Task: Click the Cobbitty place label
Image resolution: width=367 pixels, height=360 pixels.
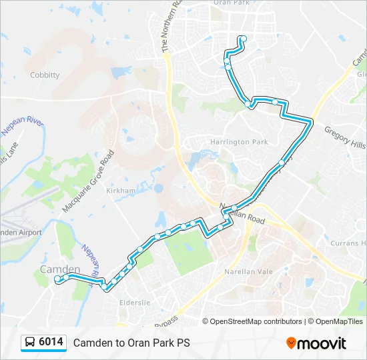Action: coord(45,75)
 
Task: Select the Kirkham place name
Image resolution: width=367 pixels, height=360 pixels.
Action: coord(120,191)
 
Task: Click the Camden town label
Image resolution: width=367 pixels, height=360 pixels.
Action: coord(60,269)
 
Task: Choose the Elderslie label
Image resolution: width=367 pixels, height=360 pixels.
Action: coord(135,303)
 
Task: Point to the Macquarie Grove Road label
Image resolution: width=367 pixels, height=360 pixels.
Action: coord(88,181)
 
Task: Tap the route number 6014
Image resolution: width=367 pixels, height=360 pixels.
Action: coord(51,342)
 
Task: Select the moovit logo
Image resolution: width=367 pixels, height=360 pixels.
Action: coord(316,343)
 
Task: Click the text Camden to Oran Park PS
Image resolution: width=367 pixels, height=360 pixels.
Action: coord(131,343)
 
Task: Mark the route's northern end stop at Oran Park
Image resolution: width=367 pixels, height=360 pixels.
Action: coord(243,38)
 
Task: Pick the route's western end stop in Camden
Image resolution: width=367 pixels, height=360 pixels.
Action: coord(58,279)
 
